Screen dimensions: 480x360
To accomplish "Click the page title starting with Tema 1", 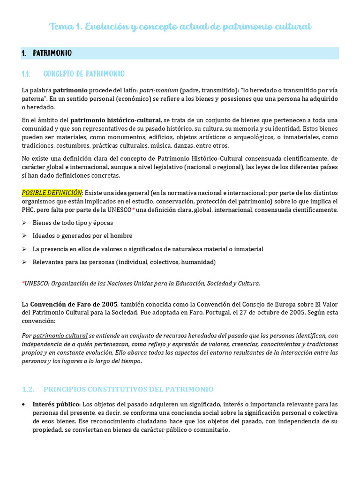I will [x=180, y=27].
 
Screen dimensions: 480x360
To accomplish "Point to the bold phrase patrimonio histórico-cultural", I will [x=115, y=120].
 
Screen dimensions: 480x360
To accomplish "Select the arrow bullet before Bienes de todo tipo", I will [x=24, y=223].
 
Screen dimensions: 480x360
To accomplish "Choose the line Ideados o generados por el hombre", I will [x=82, y=236].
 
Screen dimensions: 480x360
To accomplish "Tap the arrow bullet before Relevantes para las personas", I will [x=24, y=262].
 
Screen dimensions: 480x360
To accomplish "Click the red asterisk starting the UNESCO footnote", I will [x=23, y=283].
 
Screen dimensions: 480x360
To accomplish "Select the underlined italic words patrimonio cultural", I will [x=60, y=336].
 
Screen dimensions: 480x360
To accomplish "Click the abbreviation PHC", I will [x=29, y=210].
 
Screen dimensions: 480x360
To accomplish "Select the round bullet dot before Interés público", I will [x=24, y=404].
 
